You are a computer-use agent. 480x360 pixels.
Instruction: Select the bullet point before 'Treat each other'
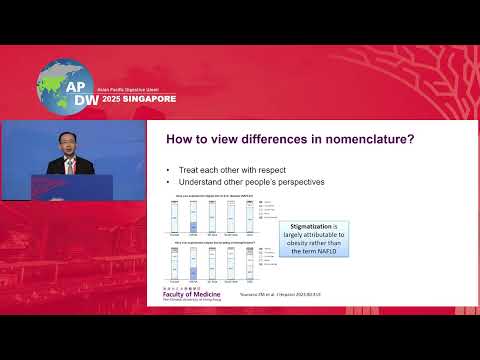click(169, 172)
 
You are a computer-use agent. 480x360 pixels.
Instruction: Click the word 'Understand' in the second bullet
click(198, 183)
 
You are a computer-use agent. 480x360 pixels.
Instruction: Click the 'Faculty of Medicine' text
click(190, 299)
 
